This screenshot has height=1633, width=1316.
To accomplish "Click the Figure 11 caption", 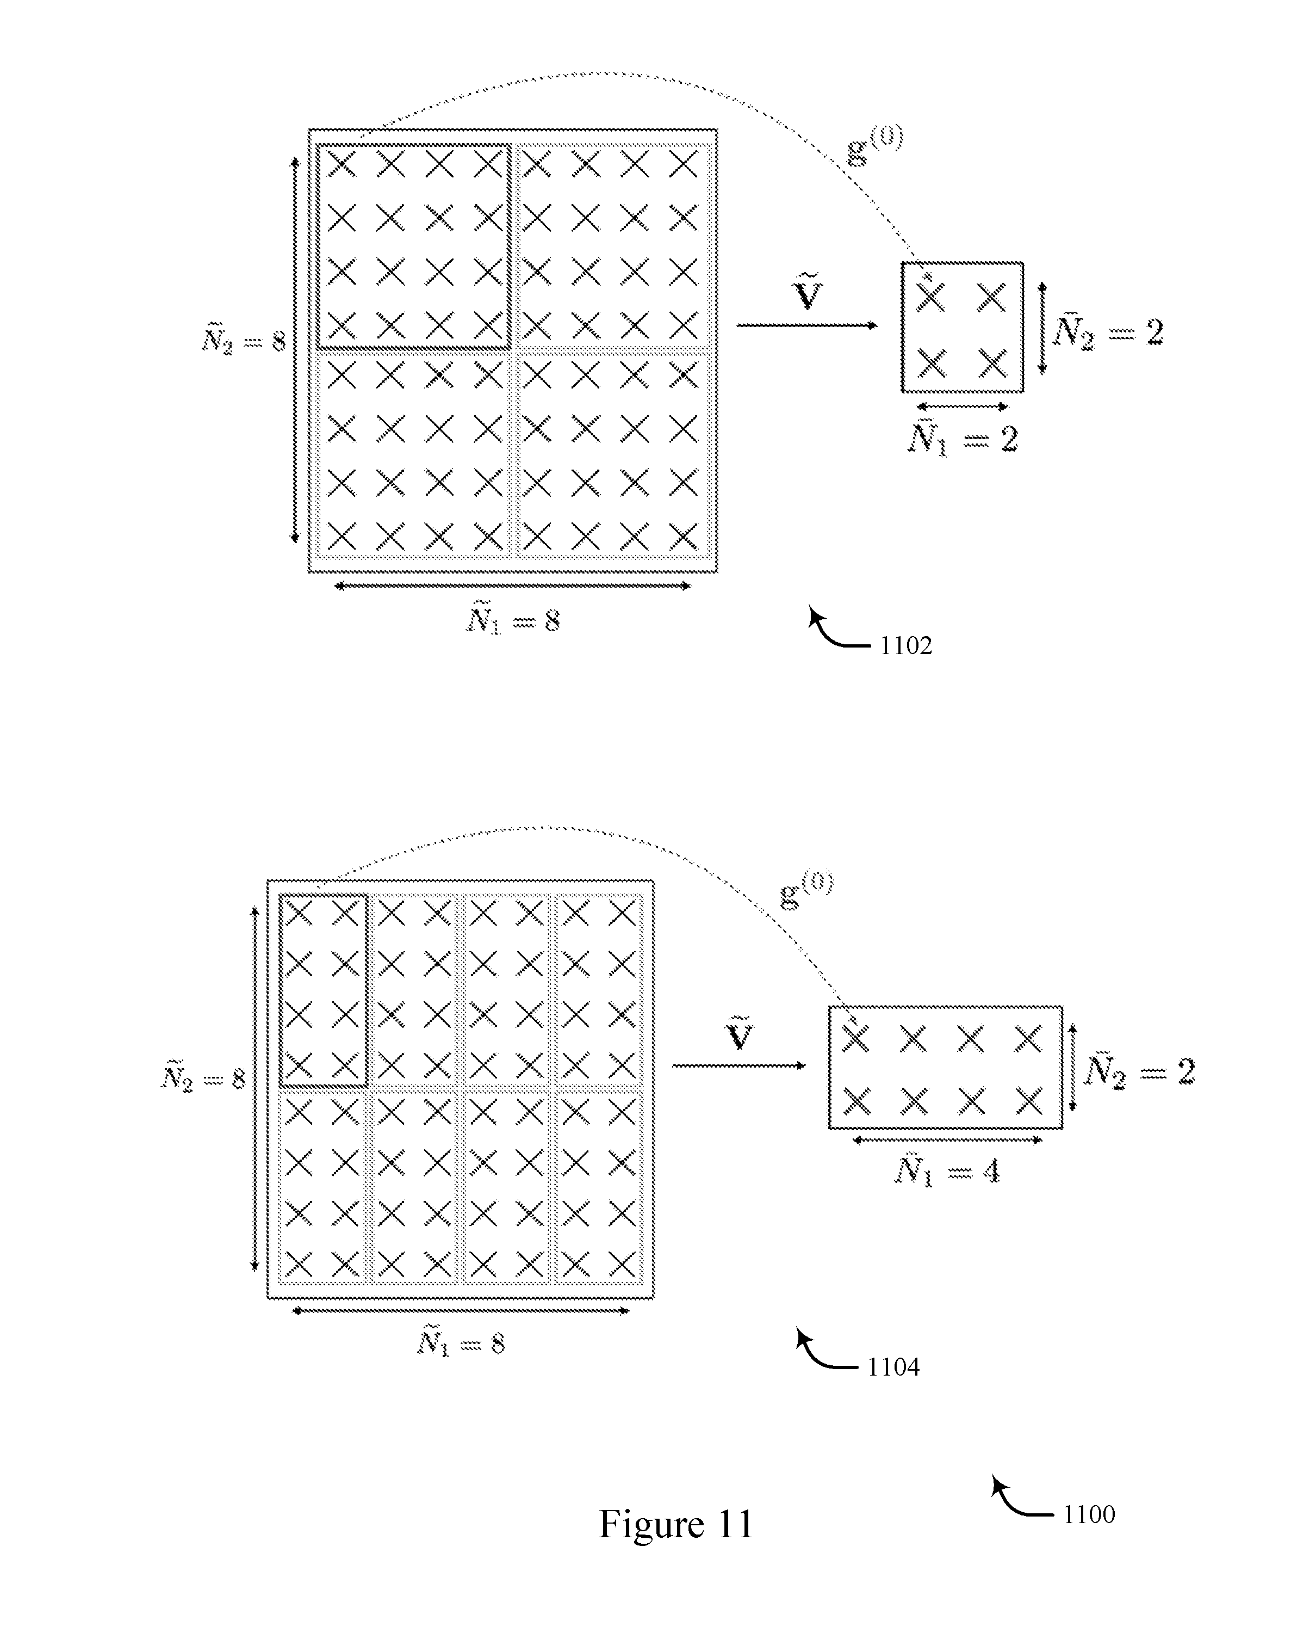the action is [x=676, y=1524].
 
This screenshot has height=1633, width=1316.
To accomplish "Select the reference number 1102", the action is [x=906, y=645].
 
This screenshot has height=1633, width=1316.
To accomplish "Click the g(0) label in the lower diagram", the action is [x=806, y=890].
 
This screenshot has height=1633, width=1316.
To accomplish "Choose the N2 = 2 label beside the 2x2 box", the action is [x=1108, y=331].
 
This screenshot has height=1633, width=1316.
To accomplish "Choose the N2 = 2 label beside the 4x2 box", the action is [x=1139, y=1070].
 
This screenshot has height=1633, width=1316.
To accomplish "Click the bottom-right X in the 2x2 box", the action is [x=991, y=362].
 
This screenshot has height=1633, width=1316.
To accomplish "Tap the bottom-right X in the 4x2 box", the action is [x=1029, y=1101].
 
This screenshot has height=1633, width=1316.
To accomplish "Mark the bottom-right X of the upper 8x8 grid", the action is [x=683, y=537].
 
